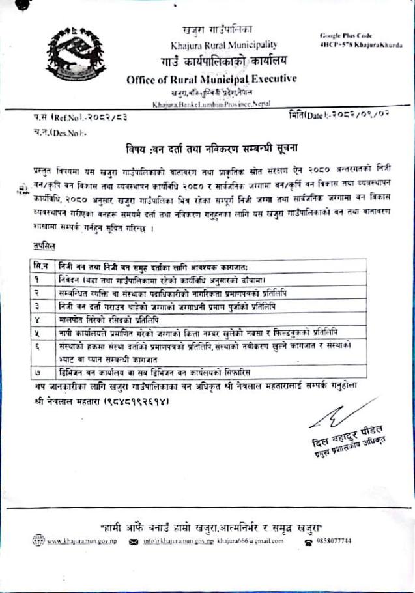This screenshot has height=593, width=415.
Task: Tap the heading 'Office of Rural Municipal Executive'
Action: pos(212,79)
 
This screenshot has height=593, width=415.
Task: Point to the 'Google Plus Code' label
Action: pos(345,35)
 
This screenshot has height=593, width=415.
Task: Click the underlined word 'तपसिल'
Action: pos(44,245)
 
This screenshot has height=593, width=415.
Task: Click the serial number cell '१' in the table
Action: pos(42,280)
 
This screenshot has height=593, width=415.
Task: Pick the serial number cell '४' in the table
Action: pos(42,321)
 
